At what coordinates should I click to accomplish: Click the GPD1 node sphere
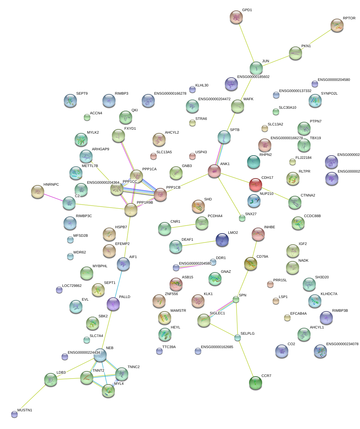[236, 17]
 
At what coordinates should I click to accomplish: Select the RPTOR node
[337, 26]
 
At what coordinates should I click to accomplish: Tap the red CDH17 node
[256, 185]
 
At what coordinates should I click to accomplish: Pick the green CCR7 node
[256, 383]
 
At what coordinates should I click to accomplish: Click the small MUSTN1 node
[14, 414]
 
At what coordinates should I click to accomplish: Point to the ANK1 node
[214, 171]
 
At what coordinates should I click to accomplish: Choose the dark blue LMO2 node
[222, 240]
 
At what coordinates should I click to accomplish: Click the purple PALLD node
[113, 304]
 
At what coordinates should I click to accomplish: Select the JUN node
[256, 68]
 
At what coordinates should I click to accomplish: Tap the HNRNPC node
[37, 192]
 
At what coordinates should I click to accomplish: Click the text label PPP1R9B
[145, 203]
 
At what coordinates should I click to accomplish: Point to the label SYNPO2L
[329, 94]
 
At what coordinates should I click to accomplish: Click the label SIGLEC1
[217, 313]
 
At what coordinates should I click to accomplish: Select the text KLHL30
[202, 85]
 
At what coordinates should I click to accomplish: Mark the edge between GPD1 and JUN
[246, 43]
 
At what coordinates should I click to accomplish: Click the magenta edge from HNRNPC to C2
[53, 198]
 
